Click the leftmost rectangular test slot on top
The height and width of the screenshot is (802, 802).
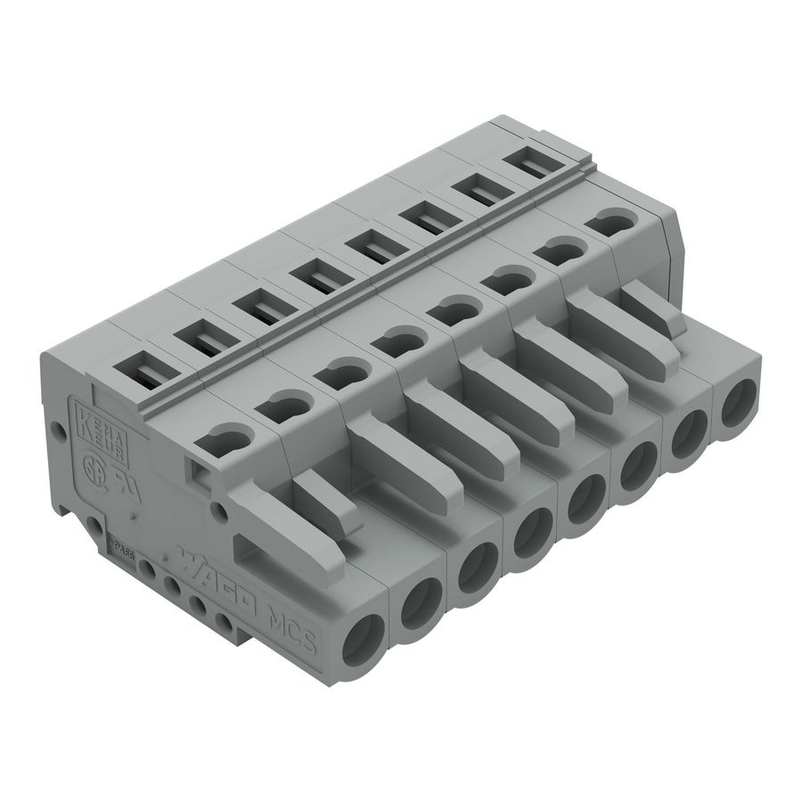coord(140,369)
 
